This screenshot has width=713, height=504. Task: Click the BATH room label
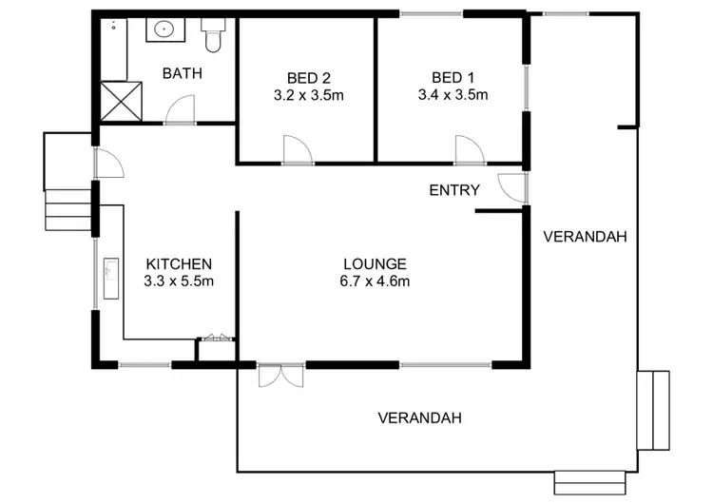(x=182, y=73)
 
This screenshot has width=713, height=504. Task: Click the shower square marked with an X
(x=112, y=103)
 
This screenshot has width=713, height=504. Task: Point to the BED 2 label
(x=305, y=77)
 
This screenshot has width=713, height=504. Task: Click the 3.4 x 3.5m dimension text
(x=453, y=95)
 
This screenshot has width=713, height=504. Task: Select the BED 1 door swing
(x=469, y=150)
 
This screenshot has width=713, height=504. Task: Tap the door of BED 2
(x=297, y=150)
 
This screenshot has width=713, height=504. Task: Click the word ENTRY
(x=454, y=190)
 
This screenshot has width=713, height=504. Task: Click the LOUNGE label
(x=376, y=263)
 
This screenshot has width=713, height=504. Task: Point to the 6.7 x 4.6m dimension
(x=376, y=281)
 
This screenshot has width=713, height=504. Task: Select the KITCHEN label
(x=178, y=263)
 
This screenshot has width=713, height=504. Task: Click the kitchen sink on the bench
(x=109, y=279)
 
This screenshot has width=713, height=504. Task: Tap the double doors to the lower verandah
(x=280, y=375)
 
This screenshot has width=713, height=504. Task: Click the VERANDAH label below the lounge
(x=419, y=417)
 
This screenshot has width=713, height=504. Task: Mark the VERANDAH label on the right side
(x=585, y=237)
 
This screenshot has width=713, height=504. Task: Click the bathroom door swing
(x=179, y=112)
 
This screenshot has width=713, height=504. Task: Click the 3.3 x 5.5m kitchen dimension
(x=178, y=281)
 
